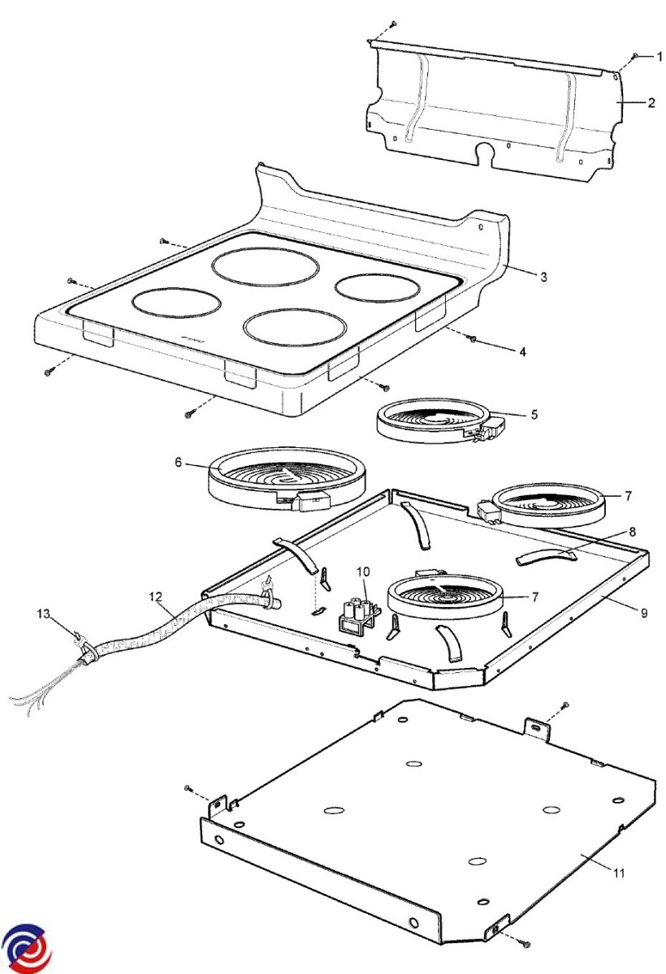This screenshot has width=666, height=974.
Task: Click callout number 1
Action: pos(660,56)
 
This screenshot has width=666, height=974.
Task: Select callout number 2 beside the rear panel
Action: pos(651,103)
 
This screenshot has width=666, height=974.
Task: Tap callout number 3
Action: pos(543,276)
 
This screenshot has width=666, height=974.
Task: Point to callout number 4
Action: pos(523,351)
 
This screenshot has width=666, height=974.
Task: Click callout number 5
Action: pos(534,414)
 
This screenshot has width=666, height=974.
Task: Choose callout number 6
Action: pos(177,462)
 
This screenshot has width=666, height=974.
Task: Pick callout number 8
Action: pos(632,532)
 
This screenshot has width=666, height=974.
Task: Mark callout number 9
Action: pos(643,613)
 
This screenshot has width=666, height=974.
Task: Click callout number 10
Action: pos(362,572)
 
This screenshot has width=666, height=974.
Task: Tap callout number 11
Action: pos(618,873)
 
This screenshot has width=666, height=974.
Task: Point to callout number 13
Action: pos(43,614)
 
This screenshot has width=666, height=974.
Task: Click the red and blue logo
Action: pos(26,947)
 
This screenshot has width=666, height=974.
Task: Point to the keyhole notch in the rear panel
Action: pos(487,151)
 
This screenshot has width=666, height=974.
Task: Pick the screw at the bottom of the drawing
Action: pos(525,945)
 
